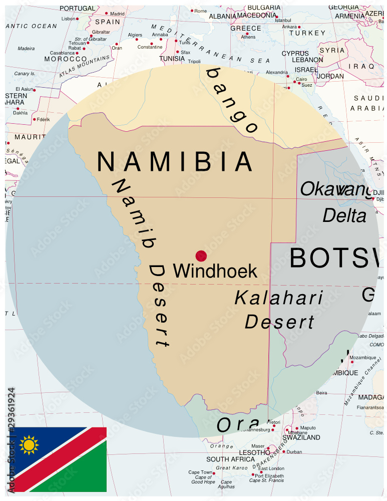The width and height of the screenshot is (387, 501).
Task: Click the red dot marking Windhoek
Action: point(201,256)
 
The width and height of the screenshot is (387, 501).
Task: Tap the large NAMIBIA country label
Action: point(175,162)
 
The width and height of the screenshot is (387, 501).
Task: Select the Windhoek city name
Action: point(215,271)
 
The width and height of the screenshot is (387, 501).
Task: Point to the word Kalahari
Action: point(279,298)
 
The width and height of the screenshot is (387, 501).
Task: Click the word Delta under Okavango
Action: point(344,216)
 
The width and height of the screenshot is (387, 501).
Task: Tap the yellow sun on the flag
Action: point(29,444)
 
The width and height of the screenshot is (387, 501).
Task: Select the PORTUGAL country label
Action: point(77,9)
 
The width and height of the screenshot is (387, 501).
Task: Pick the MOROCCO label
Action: point(66,59)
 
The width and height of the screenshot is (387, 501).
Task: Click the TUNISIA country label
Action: point(172,59)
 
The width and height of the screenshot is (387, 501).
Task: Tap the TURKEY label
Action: point(300,34)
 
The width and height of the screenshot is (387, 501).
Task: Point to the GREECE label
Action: point(246,29)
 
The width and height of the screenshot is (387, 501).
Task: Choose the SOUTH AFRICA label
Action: point(231,459)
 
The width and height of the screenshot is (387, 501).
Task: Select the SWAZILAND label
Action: point(301,437)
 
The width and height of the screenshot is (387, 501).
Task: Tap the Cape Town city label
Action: point(200,472)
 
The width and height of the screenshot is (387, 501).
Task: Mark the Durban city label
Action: point(294,452)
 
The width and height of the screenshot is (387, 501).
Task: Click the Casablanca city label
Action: point(62,53)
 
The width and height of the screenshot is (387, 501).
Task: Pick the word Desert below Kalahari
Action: point(279,322)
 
